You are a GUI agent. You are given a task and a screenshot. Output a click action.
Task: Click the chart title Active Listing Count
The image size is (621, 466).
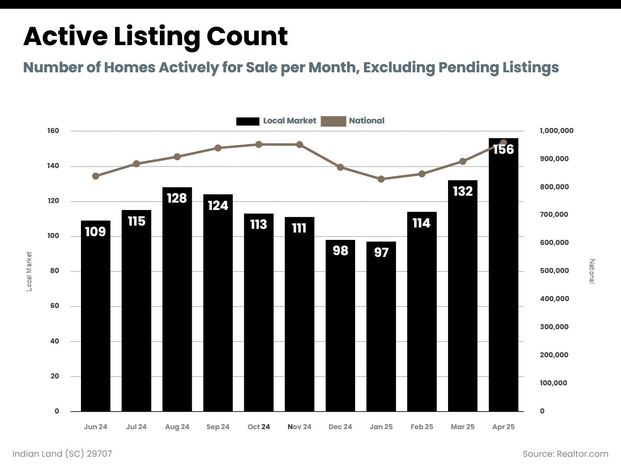(x=155, y=36)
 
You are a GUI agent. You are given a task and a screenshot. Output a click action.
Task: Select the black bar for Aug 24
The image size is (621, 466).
(x=177, y=299)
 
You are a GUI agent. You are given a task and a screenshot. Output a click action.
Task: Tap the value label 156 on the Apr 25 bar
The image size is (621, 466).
(x=503, y=150)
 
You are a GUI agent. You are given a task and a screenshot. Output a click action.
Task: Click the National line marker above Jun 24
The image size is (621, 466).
(x=96, y=176)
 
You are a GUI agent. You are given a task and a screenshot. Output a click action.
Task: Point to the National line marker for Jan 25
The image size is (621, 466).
(x=381, y=179)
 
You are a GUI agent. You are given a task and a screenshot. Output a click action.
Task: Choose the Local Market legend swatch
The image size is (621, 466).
(x=247, y=121)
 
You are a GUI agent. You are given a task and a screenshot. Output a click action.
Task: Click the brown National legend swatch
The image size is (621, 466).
(x=333, y=121)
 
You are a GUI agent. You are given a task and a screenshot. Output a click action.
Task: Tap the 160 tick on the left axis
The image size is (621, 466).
(x=53, y=131)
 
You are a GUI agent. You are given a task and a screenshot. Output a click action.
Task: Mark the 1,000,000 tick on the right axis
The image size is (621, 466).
(x=557, y=131)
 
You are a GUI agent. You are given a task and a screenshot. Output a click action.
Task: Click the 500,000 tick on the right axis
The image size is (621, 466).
(x=554, y=271)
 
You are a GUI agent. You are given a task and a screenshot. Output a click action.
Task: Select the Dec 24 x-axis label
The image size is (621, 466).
(x=340, y=427)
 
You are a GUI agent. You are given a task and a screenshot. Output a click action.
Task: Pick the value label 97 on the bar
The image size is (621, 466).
(x=381, y=252)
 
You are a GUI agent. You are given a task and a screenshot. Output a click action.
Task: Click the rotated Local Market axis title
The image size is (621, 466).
(x=29, y=271)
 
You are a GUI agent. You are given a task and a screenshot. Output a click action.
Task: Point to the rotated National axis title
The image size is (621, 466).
(x=592, y=271)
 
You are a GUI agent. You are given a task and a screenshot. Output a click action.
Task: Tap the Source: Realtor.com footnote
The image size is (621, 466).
(x=565, y=454)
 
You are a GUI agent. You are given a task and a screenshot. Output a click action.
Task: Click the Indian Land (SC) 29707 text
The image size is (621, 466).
(x=62, y=454)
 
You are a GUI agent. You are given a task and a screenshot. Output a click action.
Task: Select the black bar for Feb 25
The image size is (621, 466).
(x=422, y=313)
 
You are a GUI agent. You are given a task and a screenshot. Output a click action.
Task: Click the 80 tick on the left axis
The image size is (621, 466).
(x=55, y=271)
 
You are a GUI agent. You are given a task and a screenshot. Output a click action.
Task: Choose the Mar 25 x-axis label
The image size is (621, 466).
(x=462, y=427)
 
